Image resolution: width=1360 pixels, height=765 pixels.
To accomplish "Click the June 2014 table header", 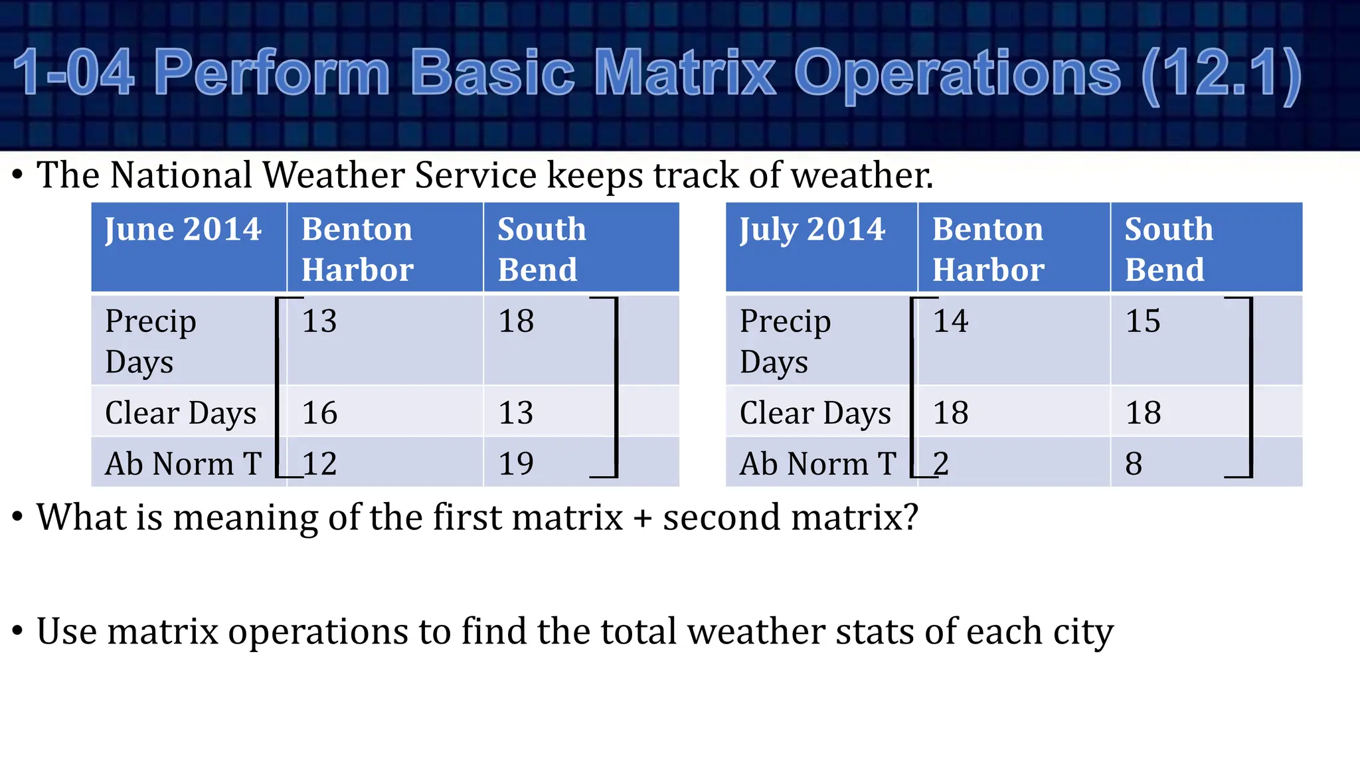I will [x=183, y=230].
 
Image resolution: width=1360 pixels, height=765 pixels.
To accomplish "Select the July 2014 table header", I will [x=812, y=230].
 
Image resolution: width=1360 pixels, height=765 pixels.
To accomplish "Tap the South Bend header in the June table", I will [x=541, y=249].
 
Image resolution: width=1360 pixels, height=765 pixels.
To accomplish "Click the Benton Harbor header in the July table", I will [x=987, y=249].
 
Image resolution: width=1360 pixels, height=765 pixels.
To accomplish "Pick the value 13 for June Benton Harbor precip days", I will [x=319, y=321].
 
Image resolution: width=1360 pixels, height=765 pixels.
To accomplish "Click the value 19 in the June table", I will [x=516, y=464].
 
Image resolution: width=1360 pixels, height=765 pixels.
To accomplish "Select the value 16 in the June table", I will [x=319, y=413].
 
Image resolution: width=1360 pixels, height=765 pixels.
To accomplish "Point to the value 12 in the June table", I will [x=319, y=464].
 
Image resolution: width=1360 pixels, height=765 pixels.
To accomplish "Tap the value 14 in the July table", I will [x=950, y=321].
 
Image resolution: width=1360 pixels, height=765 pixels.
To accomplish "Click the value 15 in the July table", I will [x=1143, y=321].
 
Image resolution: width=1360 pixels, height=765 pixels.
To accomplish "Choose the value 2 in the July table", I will [x=941, y=464].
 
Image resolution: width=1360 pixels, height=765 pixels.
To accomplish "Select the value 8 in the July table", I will [x=1134, y=464].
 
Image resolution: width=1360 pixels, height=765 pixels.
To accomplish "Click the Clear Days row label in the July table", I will [x=815, y=413].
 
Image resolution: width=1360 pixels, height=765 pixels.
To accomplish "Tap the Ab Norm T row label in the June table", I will [x=183, y=464].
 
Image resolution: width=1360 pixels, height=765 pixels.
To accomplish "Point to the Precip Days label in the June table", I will [x=151, y=341].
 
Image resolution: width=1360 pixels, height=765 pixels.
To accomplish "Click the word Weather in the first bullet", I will [x=333, y=175].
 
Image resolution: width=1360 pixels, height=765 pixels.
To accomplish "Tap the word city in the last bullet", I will [x=1082, y=632].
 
